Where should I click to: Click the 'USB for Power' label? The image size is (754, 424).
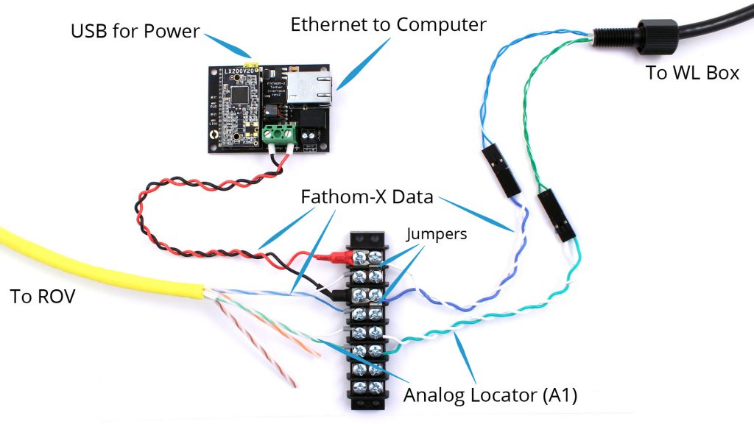135,32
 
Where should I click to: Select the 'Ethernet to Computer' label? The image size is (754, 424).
388,24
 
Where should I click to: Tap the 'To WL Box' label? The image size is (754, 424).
692,73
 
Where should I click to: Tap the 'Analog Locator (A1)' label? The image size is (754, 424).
490,395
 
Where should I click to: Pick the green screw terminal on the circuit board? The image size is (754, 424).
281,133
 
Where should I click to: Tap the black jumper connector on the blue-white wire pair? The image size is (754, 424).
501,169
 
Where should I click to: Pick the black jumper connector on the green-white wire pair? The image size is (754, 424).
557,215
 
